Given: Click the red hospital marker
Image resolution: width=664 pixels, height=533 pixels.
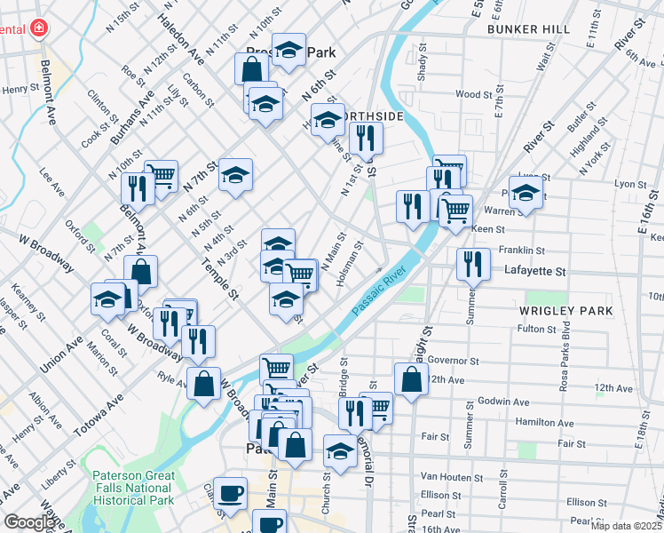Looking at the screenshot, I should coord(37,29).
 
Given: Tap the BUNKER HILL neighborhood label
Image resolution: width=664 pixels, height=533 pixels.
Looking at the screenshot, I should coord(528,29).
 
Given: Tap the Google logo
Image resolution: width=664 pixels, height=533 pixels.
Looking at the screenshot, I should coord(29,522).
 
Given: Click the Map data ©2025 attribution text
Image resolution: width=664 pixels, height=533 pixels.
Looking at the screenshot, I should coord(625,526).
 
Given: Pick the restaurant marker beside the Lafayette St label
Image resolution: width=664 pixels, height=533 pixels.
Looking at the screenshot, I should coord(472,264).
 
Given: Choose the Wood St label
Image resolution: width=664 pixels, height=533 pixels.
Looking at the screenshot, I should coord(473,94).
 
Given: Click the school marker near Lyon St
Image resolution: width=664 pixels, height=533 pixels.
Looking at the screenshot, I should coord(526,194).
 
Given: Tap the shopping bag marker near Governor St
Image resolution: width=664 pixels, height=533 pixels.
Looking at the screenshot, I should coord(412,379).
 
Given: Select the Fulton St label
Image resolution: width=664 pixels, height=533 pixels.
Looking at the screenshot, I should coord(535,329).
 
